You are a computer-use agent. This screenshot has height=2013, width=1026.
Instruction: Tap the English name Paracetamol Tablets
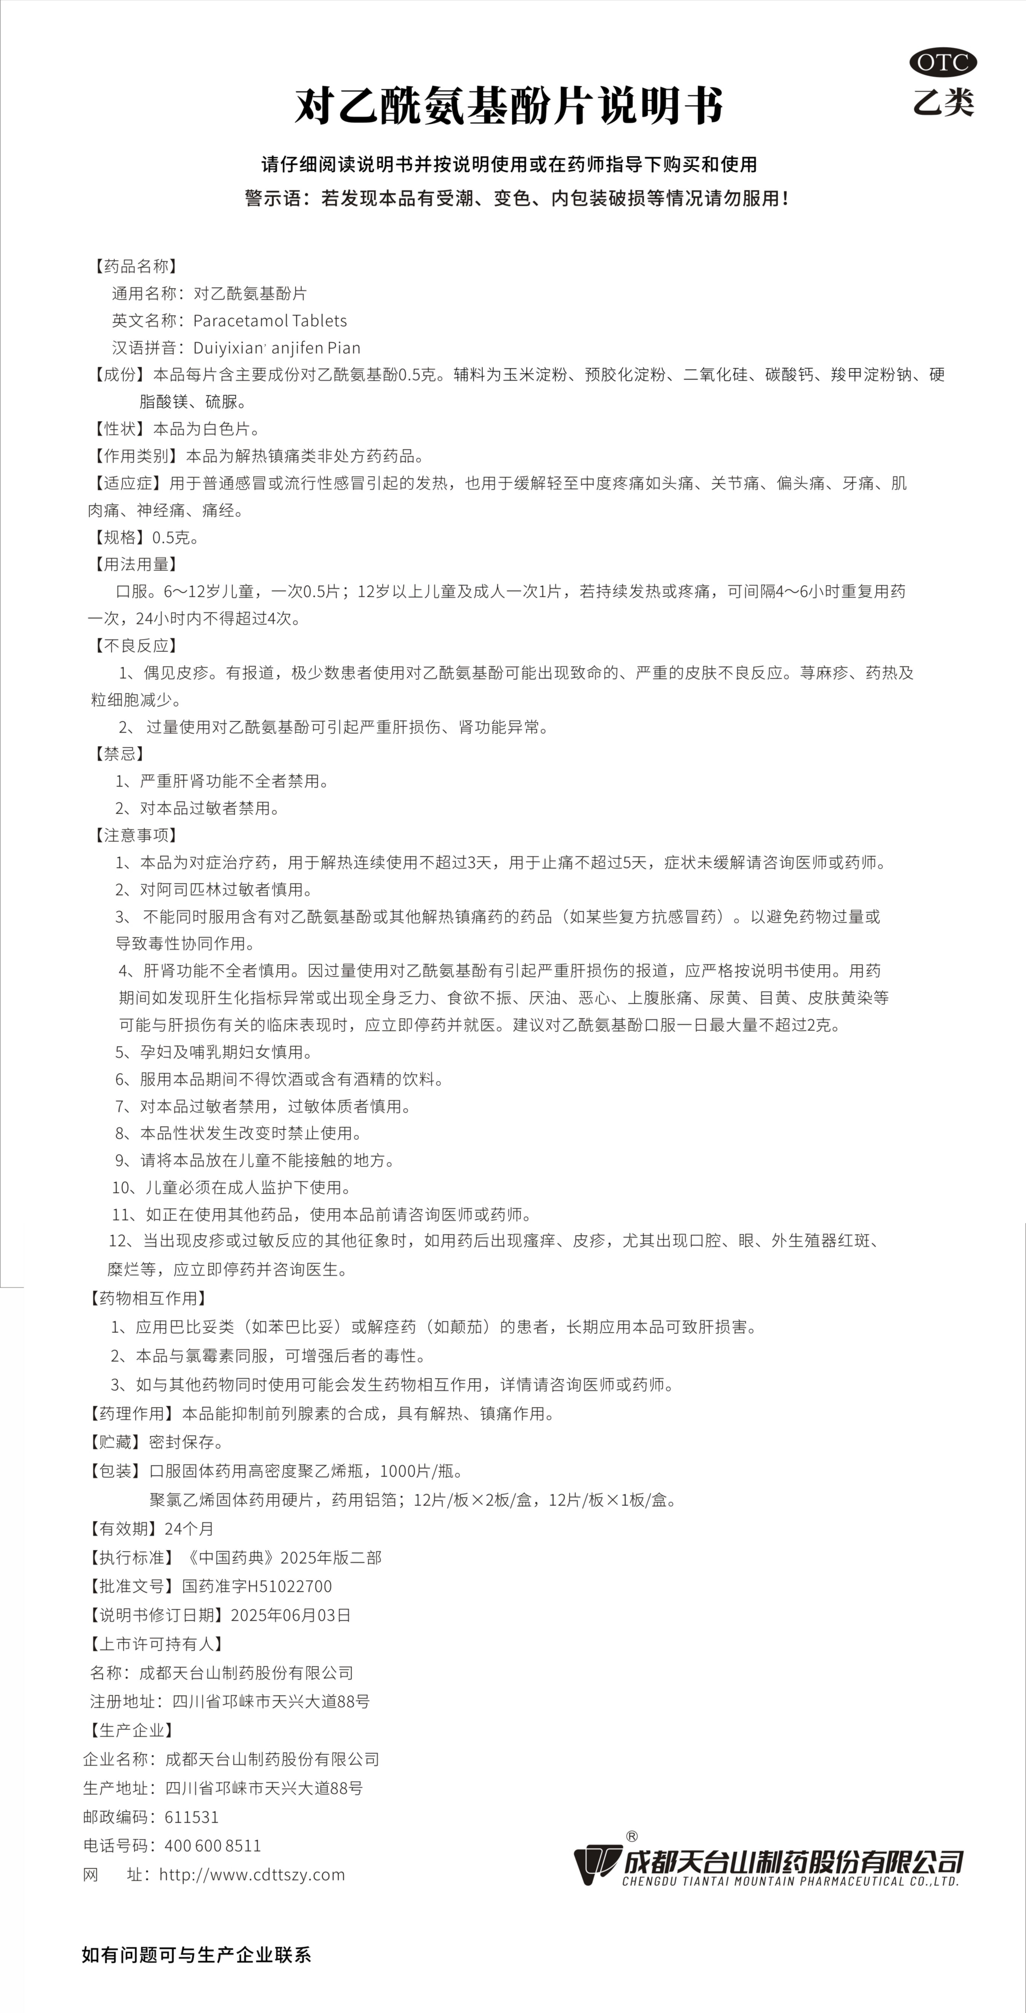click(x=270, y=320)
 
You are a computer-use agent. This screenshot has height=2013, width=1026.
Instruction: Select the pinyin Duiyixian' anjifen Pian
click(x=277, y=348)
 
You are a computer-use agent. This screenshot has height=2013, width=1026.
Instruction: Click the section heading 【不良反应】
click(x=133, y=646)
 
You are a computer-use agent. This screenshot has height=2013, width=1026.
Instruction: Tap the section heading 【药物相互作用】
click(x=147, y=1298)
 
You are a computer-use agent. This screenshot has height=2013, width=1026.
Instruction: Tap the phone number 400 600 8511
click(x=213, y=1845)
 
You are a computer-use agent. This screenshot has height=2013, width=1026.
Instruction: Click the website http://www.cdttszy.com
click(x=252, y=1874)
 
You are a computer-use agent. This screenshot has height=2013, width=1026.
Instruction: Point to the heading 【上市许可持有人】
click(x=156, y=1643)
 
